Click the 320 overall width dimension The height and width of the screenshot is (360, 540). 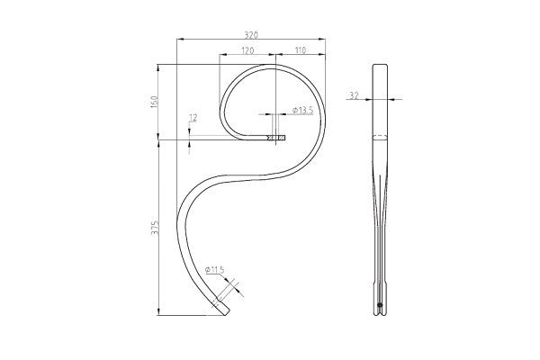coord(251,34)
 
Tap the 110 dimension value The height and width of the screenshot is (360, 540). coord(301,49)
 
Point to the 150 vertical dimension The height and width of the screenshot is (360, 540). coord(154,102)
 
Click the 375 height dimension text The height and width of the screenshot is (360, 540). coord(154,227)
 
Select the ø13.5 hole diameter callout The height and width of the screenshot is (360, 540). coord(303,110)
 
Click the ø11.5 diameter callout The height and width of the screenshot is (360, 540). coord(214,269)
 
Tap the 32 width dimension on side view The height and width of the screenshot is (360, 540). coord(354,94)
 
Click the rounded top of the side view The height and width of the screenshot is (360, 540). coord(381,66)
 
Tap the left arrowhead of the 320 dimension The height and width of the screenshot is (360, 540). coord(180,40)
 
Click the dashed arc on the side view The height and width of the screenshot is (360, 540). coord(381,137)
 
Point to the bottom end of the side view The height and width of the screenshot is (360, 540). coord(381,314)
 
